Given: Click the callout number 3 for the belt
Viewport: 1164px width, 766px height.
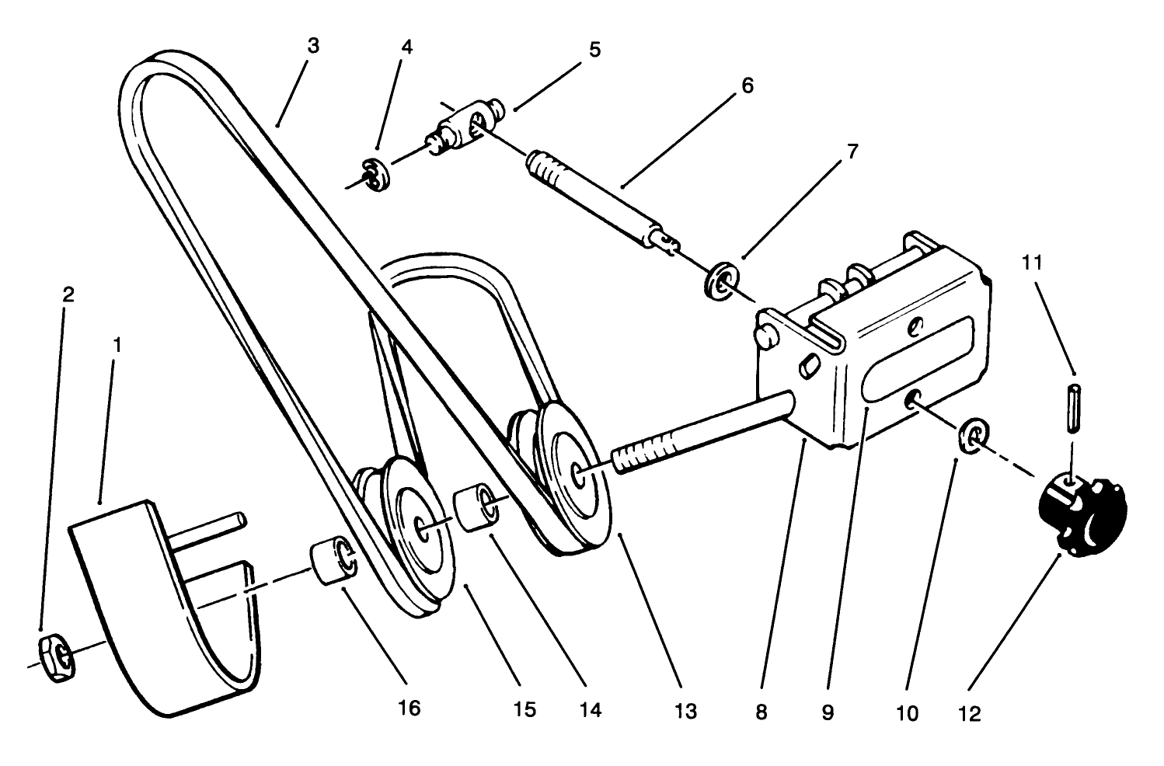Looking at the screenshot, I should (312, 46).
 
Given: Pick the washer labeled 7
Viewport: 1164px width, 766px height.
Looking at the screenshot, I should (722, 281).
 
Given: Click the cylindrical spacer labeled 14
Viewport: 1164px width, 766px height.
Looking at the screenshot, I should (476, 508).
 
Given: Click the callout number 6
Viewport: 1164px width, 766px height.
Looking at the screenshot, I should (747, 85).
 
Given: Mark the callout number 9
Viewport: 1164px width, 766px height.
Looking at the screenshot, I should (827, 712).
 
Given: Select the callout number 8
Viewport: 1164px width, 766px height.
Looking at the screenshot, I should (761, 712).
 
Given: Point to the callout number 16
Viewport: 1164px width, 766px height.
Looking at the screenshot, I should (409, 708).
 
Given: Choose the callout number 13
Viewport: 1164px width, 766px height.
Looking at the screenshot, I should (686, 711).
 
